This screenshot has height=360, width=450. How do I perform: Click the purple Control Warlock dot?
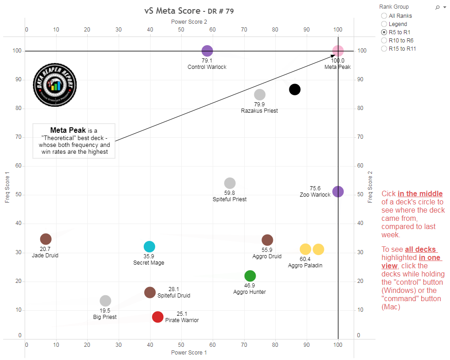[207, 51]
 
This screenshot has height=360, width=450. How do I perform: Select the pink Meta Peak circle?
[338, 51]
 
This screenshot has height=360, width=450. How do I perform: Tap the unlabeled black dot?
[295, 89]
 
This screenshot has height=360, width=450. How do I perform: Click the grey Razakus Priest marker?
[260, 95]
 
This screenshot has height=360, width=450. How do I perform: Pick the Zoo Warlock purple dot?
[338, 192]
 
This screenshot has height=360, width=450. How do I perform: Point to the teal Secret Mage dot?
[149, 247]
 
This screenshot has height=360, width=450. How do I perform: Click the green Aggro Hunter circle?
[250, 276]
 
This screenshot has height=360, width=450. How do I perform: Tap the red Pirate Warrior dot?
[157, 317]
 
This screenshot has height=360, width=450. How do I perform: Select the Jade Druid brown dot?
[46, 239]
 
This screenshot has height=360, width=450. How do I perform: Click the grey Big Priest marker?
[105, 301]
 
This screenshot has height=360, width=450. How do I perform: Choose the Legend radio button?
[384, 24]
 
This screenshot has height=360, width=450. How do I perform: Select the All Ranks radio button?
[384, 16]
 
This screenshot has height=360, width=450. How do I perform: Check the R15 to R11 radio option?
[384, 49]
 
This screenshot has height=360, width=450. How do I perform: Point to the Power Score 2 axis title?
[189, 22]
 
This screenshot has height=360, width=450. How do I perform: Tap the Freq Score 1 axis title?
[7, 187]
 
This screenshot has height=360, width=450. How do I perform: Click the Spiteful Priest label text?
[230, 199]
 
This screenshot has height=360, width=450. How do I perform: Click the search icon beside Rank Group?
[438, 7]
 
